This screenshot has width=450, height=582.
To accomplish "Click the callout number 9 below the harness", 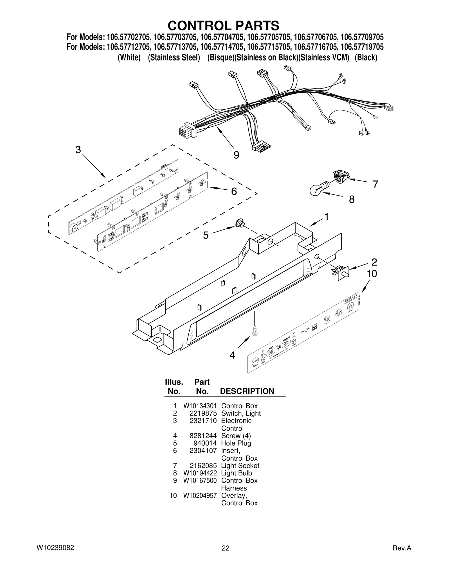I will [x=236, y=155].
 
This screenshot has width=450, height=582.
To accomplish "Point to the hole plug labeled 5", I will [x=240, y=224].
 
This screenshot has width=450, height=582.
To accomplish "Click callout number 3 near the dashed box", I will [x=78, y=150].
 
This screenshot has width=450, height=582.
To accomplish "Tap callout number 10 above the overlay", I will [x=372, y=274].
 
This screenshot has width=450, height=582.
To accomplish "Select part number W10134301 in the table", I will [x=200, y=406].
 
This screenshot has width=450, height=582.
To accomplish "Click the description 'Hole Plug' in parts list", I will [x=236, y=443].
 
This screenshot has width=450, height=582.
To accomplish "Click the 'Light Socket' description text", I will [x=240, y=466].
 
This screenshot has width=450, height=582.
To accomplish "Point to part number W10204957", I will [x=200, y=496].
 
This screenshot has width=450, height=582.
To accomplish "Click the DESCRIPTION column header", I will [x=247, y=391].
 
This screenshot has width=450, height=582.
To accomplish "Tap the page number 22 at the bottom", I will [x=226, y=548].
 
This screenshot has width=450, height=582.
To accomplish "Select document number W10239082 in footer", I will [x=55, y=548].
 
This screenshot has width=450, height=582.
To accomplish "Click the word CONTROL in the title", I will [x=197, y=26].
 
